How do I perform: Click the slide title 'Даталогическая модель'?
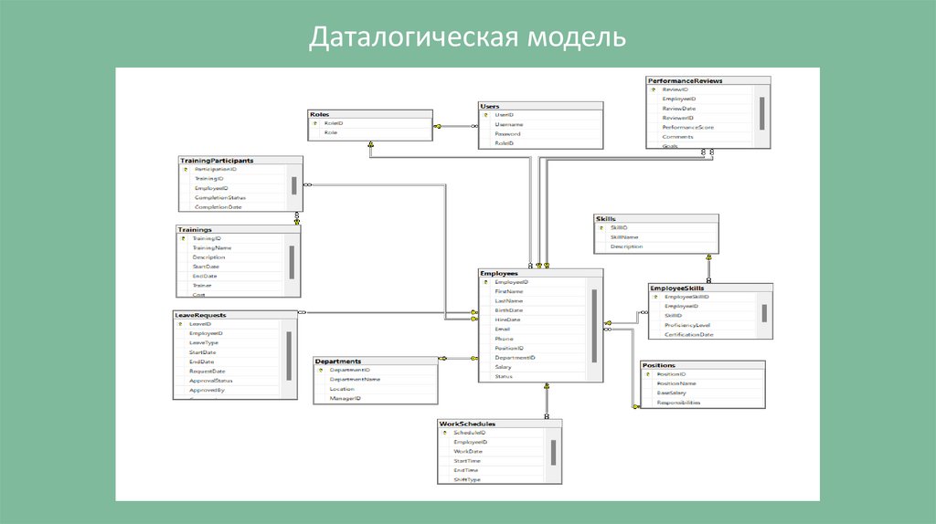coord(467,37)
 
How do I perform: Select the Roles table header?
coord(320,114)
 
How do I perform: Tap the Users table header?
coord(491,106)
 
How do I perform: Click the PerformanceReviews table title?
coord(686,80)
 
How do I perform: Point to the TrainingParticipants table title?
coord(217,160)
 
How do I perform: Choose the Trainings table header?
coord(197,229)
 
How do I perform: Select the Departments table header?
coord(339,361)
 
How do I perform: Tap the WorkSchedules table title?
coord(467,424)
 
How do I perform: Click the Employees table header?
coord(499,273)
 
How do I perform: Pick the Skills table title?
coord(606,219)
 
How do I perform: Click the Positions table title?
coord(659,365)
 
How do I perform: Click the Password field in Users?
coord(508,134)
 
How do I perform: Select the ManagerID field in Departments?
coord(346,398)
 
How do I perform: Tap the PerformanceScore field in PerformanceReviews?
coord(689,127)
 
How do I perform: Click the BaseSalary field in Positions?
coord(674,393)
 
